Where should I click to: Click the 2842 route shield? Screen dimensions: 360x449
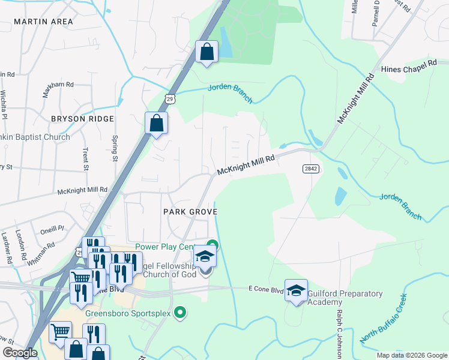(x=310, y=169)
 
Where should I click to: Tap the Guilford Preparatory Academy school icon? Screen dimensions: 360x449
(x=296, y=291)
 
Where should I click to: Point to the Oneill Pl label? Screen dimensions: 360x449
(x=52, y=229)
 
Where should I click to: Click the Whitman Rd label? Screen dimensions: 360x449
(x=42, y=250)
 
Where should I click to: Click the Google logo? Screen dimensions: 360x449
(x=19, y=353)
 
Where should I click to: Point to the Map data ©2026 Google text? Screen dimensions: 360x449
(x=411, y=355)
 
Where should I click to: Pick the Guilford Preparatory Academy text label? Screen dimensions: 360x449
(x=345, y=298)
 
